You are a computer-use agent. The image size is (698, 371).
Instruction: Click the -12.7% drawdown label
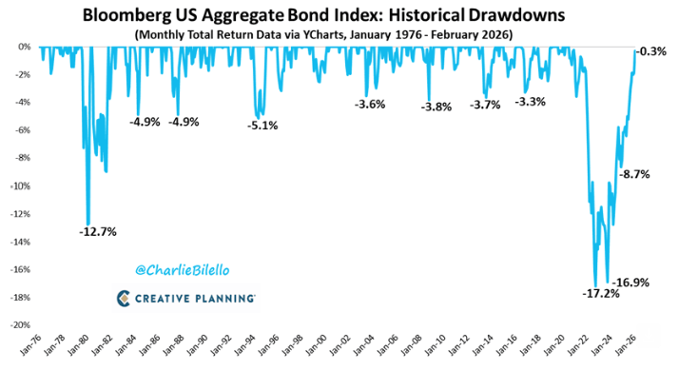click(98, 232)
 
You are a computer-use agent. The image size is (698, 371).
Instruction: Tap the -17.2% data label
click(601, 294)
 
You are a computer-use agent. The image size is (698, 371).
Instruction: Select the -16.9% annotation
click(630, 283)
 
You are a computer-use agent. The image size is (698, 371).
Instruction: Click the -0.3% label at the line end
click(650, 51)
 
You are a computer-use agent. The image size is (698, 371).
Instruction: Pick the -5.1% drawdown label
click(262, 126)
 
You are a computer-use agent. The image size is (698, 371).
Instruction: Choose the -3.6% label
click(370, 105)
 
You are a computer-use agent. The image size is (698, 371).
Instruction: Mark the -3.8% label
click(436, 107)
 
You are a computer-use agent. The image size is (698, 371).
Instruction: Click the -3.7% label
click(485, 105)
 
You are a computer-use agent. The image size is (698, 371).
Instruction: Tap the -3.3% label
click(531, 102)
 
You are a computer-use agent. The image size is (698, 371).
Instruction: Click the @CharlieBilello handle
click(182, 270)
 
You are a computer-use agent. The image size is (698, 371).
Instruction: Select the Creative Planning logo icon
click(124, 299)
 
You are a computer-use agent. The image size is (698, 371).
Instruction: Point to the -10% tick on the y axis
click(21, 185)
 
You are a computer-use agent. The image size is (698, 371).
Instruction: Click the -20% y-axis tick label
click(21, 325)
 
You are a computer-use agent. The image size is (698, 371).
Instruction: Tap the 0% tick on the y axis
click(25, 47)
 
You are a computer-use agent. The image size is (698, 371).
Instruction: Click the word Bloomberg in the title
click(126, 15)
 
